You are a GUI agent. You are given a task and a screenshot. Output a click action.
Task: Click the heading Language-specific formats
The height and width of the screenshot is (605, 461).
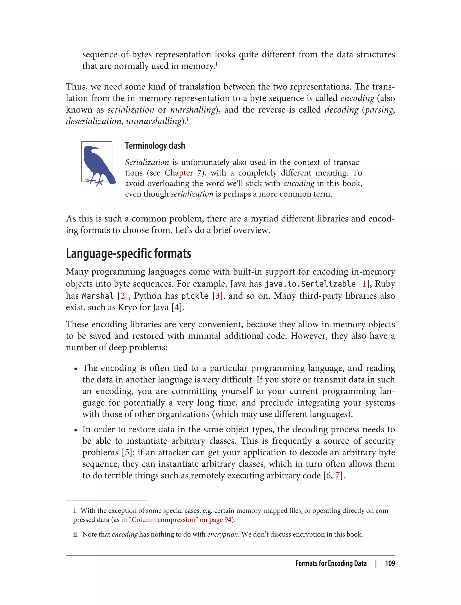coord(129,253)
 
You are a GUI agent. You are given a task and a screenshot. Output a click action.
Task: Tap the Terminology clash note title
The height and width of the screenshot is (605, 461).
coord(155,145)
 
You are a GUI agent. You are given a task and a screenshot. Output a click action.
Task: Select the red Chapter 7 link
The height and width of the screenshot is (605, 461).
coord(183,173)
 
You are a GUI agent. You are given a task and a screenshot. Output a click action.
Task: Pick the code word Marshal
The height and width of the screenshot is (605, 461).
coord(98,296)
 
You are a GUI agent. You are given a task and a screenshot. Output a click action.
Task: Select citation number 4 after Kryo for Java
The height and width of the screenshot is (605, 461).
coord(177,307)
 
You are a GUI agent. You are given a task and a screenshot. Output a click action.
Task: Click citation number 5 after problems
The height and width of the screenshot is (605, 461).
coord(127,452)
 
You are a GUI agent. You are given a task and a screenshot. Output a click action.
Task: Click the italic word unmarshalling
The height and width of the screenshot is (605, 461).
coord(154,121)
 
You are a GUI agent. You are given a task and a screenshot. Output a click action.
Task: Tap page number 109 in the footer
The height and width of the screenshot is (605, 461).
coord(390,563)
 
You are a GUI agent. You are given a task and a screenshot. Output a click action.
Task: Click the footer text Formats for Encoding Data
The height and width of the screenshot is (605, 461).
coord(331,563)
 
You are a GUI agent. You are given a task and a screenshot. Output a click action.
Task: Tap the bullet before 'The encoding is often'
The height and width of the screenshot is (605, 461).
coord(75,369)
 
